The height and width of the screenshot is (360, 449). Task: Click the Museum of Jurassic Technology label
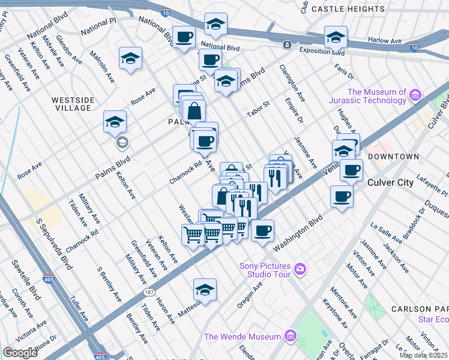368,96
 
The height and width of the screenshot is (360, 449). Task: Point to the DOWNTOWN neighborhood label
394,157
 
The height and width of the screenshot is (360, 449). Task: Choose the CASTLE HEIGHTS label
348,9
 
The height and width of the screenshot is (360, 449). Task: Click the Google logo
20,353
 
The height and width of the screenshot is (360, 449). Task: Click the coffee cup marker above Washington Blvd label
262,230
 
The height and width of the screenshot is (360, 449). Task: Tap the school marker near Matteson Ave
205,289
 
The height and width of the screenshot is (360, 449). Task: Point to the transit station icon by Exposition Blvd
288,44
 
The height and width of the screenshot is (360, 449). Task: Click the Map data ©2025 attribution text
423,355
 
